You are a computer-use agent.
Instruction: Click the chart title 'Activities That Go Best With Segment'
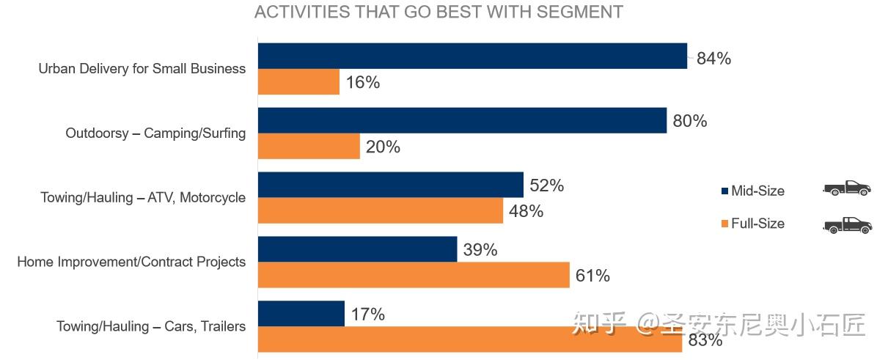pos(439,12)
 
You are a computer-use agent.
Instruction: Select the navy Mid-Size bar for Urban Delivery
pos(472,56)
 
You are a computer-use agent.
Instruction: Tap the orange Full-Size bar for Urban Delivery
pos(298,81)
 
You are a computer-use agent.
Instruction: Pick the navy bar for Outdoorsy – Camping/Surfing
pos(462,120)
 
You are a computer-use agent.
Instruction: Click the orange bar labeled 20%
pos(309,146)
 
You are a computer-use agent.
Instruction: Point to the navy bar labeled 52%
pos(391,185)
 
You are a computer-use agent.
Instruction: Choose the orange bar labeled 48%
pos(381,210)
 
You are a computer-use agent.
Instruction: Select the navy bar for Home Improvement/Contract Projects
pos(358,249)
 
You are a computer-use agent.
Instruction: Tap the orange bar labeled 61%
pos(414,275)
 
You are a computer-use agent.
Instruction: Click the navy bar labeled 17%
pos(301,314)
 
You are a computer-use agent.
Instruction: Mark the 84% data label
pos(713,59)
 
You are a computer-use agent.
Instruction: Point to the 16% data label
pos(363,82)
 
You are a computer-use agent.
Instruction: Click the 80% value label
pos(690,121)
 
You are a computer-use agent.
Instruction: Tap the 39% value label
pos(480,250)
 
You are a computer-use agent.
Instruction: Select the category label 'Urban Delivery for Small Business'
pos(142,69)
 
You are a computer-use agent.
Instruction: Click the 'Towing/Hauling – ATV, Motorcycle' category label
pos(143,197)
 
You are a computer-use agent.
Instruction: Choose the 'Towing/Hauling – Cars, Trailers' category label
pos(151,326)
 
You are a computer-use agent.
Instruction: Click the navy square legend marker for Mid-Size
pos(724,191)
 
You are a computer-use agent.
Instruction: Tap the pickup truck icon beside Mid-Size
pos(847,188)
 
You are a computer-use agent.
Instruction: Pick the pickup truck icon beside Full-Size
pos(848,225)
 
